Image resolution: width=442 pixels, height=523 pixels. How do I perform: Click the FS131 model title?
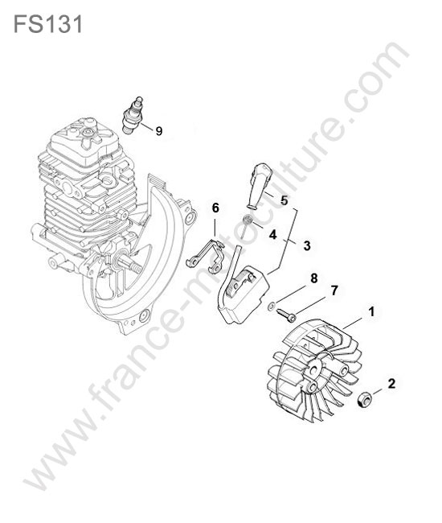(48, 24)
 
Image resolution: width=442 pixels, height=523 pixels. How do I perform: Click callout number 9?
(159, 131)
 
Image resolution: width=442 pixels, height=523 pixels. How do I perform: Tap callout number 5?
(284, 200)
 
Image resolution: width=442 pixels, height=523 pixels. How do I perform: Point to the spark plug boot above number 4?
(259, 186)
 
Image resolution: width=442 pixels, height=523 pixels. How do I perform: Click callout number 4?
(272, 234)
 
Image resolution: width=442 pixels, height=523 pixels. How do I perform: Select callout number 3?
(307, 245)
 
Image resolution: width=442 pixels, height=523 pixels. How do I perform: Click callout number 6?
(215, 208)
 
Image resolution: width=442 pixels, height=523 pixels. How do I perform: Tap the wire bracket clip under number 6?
(205, 254)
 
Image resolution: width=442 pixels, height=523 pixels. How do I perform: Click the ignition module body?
(246, 294)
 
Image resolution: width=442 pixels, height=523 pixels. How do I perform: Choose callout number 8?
(313, 278)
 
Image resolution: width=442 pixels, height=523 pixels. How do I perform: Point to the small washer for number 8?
(272, 306)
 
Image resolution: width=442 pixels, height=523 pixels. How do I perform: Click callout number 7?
(334, 290)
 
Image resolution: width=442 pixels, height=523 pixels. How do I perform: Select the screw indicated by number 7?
(286, 315)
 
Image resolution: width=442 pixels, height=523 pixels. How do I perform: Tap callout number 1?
(371, 312)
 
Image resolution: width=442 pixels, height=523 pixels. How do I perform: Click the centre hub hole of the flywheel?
(313, 369)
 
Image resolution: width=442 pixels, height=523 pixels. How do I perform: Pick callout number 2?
(391, 384)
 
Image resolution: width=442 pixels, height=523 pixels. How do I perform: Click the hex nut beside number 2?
(364, 400)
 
